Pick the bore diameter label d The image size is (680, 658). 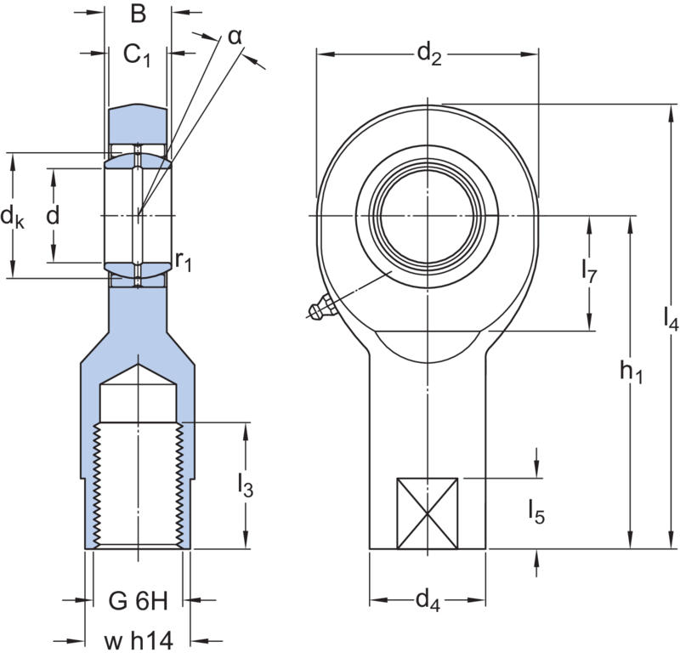(53, 216)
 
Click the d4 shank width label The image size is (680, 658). (428, 602)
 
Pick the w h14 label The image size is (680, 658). (139, 639)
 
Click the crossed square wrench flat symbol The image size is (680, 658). (428, 513)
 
